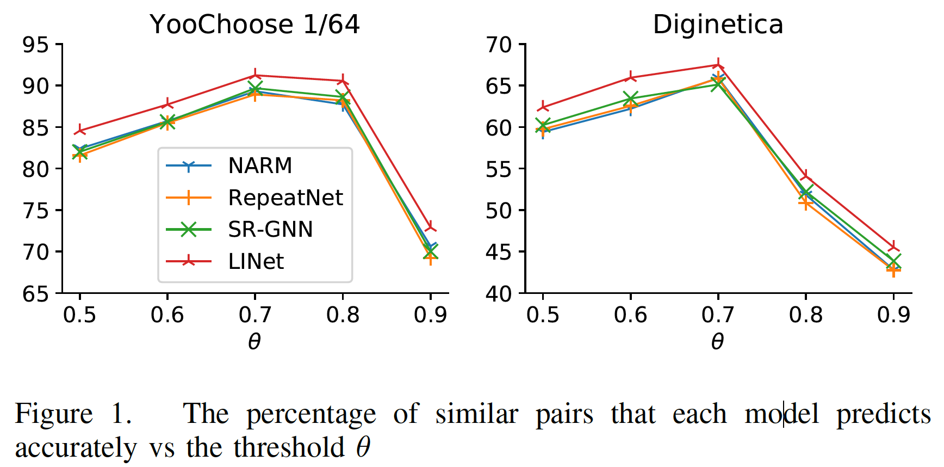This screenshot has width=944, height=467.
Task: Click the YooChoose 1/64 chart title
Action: tap(254, 24)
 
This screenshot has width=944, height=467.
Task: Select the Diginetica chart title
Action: tap(718, 24)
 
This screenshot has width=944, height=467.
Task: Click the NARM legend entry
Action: tap(260, 165)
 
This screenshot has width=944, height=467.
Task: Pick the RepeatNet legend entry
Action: tap(285, 198)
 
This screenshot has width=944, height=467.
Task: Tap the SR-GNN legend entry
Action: tap(270, 230)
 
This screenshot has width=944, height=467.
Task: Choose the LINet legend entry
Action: tap(256, 262)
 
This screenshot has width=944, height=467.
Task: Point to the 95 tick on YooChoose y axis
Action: tap(35, 45)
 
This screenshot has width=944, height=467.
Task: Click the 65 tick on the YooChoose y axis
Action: tap(35, 294)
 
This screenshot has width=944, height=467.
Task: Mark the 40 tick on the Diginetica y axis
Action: tap(499, 294)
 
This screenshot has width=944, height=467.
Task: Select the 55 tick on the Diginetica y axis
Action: tap(499, 169)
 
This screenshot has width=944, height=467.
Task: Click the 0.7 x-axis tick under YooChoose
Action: tap(255, 315)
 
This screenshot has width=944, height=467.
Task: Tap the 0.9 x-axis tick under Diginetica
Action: tap(893, 315)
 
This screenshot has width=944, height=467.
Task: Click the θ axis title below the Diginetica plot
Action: tap(718, 342)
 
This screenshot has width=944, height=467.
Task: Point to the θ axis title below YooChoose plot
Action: tap(254, 342)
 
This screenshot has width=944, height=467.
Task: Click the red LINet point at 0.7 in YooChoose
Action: tap(255, 75)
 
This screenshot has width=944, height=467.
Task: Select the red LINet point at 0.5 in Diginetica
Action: tap(543, 107)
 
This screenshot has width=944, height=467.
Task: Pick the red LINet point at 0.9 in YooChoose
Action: tap(431, 226)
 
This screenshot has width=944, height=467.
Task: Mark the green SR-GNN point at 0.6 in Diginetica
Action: tap(630, 99)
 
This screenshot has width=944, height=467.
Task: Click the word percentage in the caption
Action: tap(311, 415)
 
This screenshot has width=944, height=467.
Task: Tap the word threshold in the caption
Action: tap(289, 448)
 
